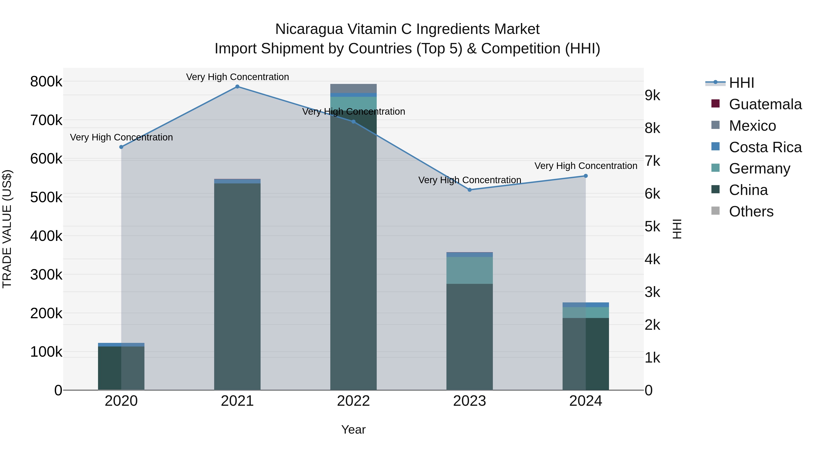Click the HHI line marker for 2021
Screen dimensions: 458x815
pyautogui.click(x=237, y=87)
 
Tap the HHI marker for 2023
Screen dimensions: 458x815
pyautogui.click(x=470, y=190)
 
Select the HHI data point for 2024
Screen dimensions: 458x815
pyautogui.click(x=586, y=176)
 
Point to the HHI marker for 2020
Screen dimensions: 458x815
pyautogui.click(x=121, y=147)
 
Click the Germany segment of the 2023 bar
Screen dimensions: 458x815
pyautogui.click(x=470, y=270)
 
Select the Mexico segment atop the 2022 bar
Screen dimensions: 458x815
pyautogui.click(x=353, y=88)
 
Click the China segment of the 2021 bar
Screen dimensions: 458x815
pyautogui.click(x=237, y=285)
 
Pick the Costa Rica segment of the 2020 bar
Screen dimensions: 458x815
pyautogui.click(x=121, y=344)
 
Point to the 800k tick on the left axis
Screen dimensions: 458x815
pyautogui.click(x=46, y=82)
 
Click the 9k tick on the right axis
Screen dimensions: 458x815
pyautogui.click(x=653, y=95)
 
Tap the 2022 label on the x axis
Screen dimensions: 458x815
pyautogui.click(x=353, y=401)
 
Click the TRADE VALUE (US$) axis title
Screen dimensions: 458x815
pyautogui.click(x=7, y=229)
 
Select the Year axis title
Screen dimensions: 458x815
pyautogui.click(x=353, y=430)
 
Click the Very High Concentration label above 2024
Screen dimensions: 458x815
pyautogui.click(x=586, y=166)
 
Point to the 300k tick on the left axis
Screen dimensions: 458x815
pyautogui.click(x=46, y=275)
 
